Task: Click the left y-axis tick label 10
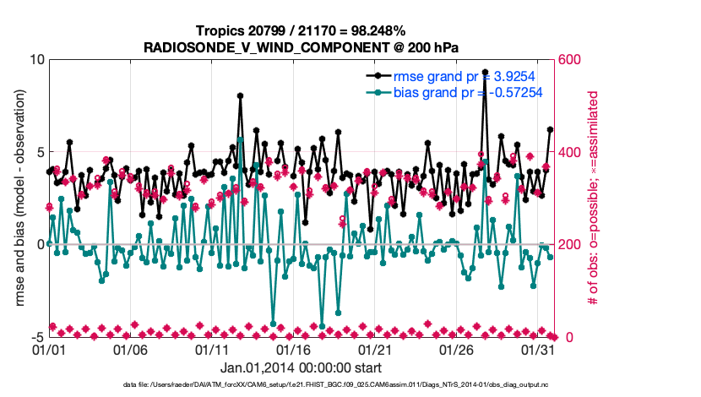coord(36,60)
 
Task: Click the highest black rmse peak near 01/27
coord(485,73)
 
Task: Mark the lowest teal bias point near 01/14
coord(273,324)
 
